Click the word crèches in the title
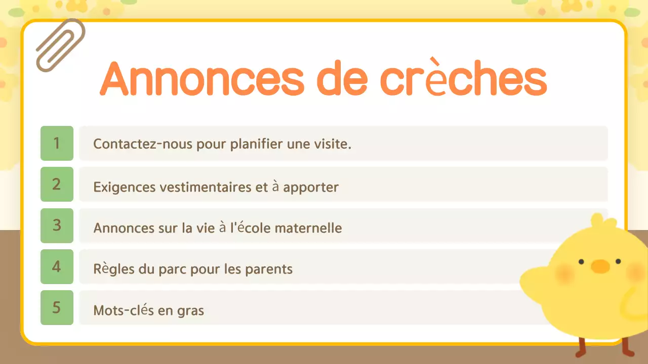pos(463,79)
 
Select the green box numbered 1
pos(57,143)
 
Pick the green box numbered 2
pos(57,184)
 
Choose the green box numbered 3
pos(57,225)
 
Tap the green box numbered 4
pos(57,266)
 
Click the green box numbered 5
pos(57,307)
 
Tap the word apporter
pos(311,188)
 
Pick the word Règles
pos(109,269)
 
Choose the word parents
pos(269,269)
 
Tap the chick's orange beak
pos(600,266)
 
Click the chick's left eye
pos(581,261)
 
